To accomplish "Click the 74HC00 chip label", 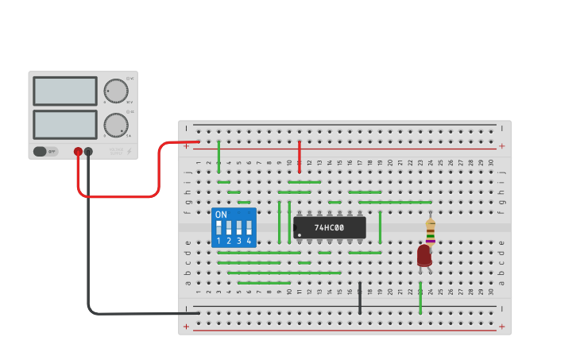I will [329, 228].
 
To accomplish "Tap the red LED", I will [424, 255].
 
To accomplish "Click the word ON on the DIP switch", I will [221, 215].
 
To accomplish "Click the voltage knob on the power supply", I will [116, 91].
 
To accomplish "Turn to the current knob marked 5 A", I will [116, 125].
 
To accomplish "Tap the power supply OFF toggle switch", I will [45, 151].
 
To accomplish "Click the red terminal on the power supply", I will [78, 151].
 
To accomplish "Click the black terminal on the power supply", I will [88, 151].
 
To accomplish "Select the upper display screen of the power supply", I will [65, 91].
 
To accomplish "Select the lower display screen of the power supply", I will [65, 125].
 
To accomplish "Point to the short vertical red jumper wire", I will [300, 156].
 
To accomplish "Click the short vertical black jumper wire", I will [360, 297].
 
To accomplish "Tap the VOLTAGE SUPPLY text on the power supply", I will [116, 150].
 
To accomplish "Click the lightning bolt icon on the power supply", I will [130, 151].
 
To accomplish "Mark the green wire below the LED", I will [420, 298].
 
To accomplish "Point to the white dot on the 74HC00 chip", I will [297, 235].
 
